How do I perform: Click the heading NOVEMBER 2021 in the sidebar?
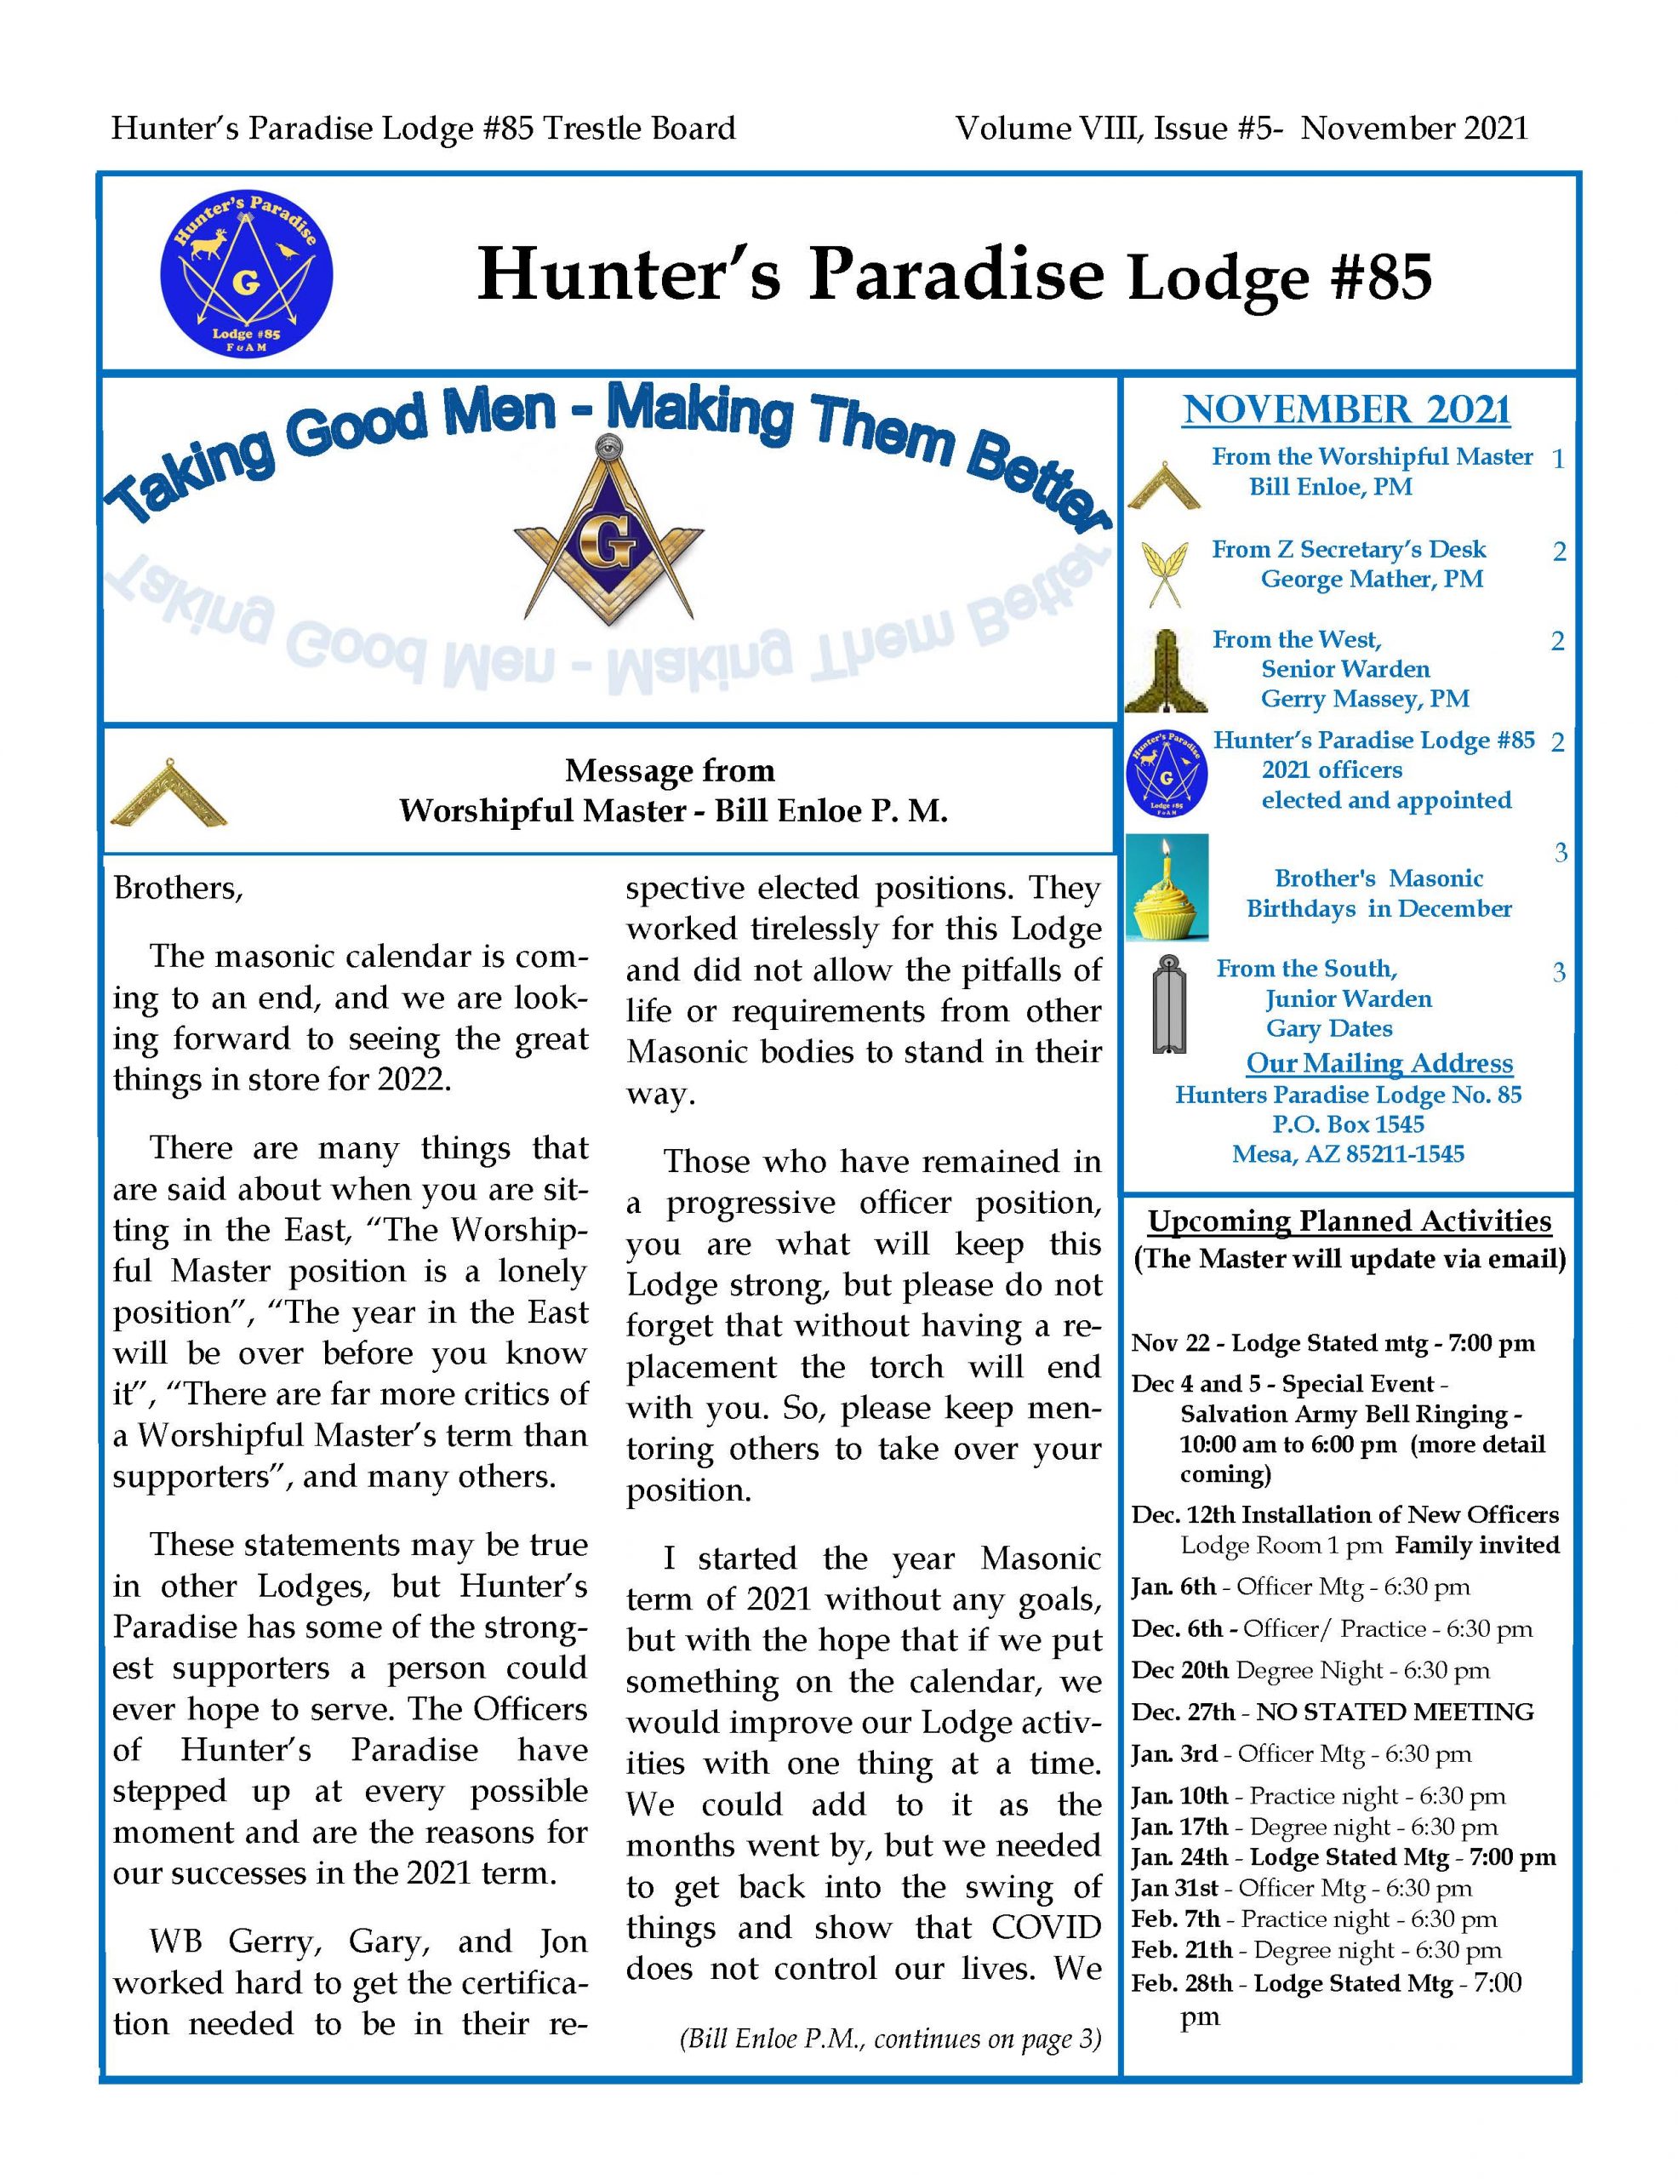tap(1346, 410)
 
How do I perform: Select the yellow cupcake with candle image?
tap(1167, 887)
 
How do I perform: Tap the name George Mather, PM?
tap(1371, 579)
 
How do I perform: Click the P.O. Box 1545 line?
tap(1348, 1124)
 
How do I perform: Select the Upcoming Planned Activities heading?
tap(1349, 1221)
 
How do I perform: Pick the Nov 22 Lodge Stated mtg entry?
tap(1332, 1343)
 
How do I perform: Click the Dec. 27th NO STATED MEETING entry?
tap(1332, 1711)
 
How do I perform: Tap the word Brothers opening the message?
tap(178, 887)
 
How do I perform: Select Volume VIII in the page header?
tap(1047, 129)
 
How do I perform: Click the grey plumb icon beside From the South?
tap(1167, 1004)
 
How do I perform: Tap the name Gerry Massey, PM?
tap(1364, 699)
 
